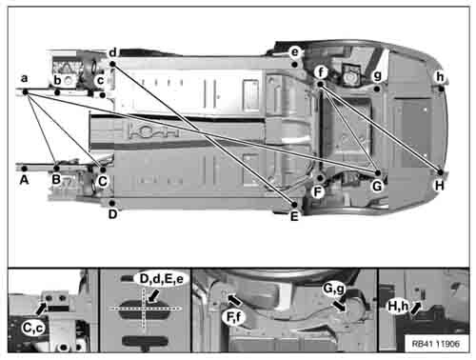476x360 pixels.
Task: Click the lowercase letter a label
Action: pos(24,78)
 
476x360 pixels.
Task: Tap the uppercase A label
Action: pos(24,180)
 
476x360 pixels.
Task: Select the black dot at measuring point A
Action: pos(24,169)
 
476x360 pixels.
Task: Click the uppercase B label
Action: pos(56,180)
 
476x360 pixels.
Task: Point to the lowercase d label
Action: pos(113,52)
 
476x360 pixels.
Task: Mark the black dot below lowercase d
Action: pos(112,64)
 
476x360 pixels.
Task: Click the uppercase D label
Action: pos(112,214)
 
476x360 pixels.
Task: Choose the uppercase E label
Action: pos(294,216)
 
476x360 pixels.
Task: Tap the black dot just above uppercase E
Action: pos(294,205)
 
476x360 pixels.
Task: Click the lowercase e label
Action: pos(295,51)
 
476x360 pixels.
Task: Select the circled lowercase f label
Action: pos(321,72)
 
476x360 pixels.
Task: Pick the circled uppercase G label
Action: pos(377,186)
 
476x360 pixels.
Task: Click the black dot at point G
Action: pos(378,173)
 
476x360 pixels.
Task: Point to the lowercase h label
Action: pos(440,77)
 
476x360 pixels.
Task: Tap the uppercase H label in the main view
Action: pos(440,186)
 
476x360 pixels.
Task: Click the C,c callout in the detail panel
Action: pos(33,328)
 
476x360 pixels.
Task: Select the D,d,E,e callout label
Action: pos(162,279)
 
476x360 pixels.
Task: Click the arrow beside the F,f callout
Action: pos(234,300)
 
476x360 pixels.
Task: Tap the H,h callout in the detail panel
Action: pos(399,307)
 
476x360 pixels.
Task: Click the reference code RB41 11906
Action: pos(436,344)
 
